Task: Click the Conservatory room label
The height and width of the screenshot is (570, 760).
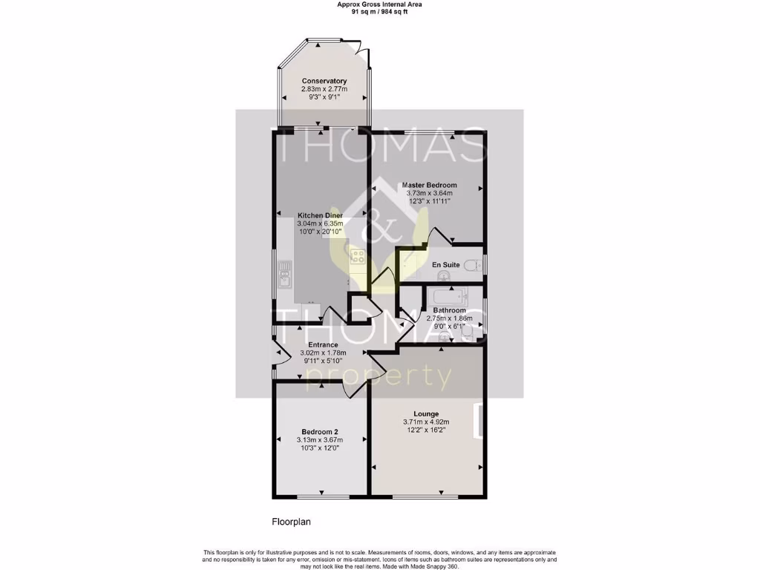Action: click(324, 81)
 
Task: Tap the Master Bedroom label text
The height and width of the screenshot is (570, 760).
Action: click(429, 185)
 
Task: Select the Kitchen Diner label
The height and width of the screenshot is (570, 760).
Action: click(320, 215)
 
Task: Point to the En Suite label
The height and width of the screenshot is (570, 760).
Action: click(445, 264)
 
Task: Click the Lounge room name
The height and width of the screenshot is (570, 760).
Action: click(426, 414)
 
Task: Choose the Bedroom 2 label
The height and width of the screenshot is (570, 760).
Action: click(320, 432)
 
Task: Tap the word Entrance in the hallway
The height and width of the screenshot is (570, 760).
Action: click(323, 345)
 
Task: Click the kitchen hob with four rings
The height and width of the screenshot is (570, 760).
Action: click(358, 256)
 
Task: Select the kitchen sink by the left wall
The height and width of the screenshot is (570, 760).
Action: click(284, 278)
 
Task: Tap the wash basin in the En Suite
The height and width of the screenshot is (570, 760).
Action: click(443, 275)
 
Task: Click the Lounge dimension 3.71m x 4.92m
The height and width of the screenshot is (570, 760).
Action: click(426, 422)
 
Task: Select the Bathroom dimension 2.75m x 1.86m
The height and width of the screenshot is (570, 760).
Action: click(449, 318)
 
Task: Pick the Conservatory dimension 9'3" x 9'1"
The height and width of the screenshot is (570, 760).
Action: click(324, 97)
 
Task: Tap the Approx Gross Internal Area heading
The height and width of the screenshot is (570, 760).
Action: click(379, 4)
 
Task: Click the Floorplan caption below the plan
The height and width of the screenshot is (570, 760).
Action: click(290, 522)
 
